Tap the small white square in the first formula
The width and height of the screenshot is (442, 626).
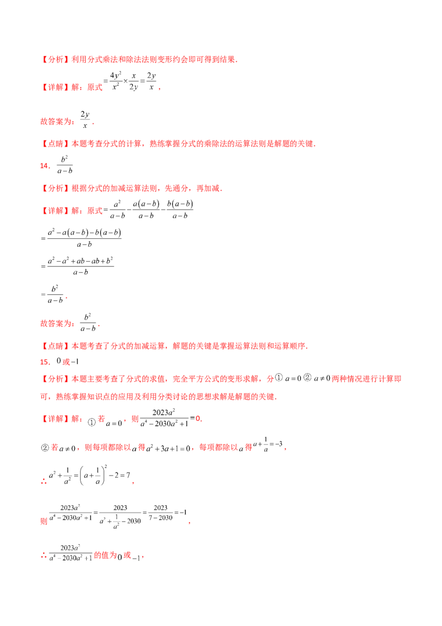tap(131, 73)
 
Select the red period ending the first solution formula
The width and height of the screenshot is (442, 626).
tap(160, 89)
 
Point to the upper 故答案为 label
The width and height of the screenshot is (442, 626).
tap(57, 119)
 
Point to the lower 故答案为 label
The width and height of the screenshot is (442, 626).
tap(57, 323)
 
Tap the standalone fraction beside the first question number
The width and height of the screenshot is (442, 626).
tap(65, 165)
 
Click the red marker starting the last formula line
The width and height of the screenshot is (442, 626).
tap(42, 556)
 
